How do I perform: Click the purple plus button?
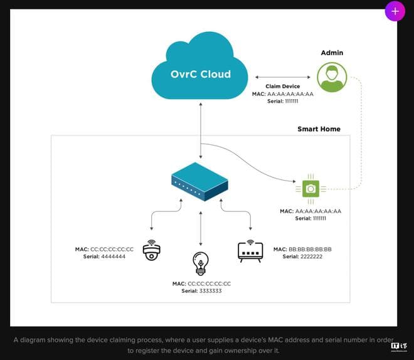395,11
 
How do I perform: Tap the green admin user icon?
332,77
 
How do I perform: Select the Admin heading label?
332,53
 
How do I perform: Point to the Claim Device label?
284,87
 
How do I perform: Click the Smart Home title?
319,129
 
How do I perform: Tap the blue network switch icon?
200,181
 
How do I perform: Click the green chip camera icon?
310,188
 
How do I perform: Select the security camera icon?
152,250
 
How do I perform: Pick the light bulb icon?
201,263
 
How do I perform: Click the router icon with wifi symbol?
250,250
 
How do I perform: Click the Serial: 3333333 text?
201,291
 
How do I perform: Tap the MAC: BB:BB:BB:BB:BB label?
302,249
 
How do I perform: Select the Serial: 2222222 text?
302,257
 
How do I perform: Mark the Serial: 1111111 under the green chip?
310,218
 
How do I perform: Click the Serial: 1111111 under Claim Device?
283,101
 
